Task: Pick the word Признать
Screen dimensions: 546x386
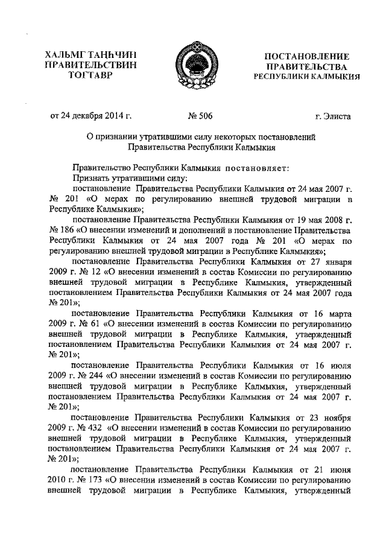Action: click(x=90, y=177)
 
